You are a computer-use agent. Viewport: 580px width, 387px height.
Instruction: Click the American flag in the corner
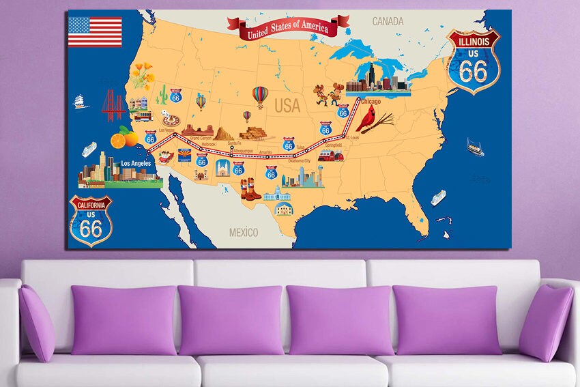tap(95, 32)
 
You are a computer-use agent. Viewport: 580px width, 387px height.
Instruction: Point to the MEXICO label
tap(244, 233)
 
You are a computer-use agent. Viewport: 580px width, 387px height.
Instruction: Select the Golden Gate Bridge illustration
tap(113, 106)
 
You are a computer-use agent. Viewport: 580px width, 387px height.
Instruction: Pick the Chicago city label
tap(370, 102)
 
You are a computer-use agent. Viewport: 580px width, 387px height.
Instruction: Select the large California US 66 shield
tap(91, 221)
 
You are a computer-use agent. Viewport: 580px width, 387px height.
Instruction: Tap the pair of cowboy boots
tap(250, 188)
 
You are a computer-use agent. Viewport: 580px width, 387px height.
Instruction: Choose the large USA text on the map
tap(288, 106)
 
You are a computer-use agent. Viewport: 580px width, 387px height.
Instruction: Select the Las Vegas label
tap(167, 129)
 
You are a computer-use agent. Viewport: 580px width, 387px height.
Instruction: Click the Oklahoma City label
tap(299, 161)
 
